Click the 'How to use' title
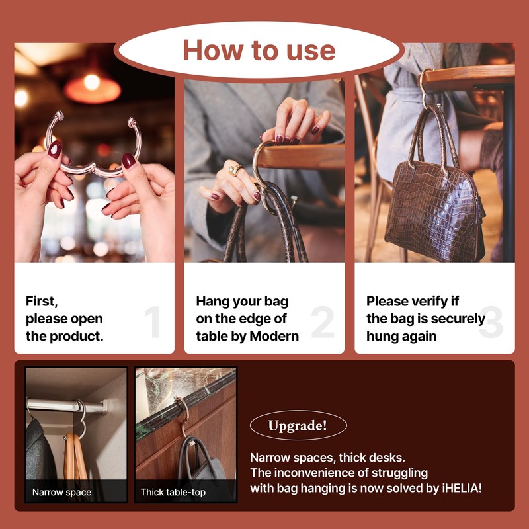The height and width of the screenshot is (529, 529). (259, 50)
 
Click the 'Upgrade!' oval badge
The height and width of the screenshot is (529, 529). (298, 425)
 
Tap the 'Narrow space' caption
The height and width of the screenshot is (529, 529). (62, 493)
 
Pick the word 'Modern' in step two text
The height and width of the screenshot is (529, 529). (274, 336)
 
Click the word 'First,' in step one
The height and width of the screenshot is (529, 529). (42, 302)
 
